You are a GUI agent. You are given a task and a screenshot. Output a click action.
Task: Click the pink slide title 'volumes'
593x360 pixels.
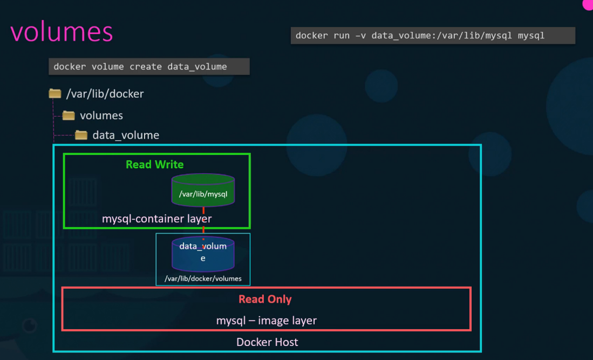coord(62,32)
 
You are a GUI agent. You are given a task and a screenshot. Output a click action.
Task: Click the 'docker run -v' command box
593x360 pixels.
coord(432,36)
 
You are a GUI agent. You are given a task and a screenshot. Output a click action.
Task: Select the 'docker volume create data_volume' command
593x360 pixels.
coord(148,67)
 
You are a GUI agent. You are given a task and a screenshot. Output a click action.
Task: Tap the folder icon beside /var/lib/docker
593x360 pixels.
coord(55,94)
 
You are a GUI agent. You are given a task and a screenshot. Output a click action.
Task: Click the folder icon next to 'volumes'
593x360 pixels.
coord(69,116)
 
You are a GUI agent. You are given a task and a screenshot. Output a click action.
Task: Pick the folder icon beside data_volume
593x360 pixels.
coord(81,135)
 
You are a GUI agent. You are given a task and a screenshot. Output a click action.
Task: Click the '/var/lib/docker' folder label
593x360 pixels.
coord(105,94)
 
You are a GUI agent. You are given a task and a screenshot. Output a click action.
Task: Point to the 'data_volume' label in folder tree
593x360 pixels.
coord(126,135)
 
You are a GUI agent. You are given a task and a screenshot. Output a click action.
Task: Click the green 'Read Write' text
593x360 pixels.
coord(155,165)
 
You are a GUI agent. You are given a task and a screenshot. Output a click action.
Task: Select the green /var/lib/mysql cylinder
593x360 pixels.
coord(203,192)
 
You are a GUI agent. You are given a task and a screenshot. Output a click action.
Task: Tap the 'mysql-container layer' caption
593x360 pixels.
coord(156,219)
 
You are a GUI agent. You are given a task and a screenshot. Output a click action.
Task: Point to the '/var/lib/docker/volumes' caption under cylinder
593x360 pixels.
coord(203,279)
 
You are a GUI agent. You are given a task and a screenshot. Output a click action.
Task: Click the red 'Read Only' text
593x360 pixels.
coord(265,299)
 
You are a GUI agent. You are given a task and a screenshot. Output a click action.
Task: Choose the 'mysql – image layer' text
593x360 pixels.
coord(266,321)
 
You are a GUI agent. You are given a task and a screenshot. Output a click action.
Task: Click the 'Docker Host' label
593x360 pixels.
coord(267,342)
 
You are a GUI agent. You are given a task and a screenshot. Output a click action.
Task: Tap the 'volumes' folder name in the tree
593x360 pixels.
coord(101,116)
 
